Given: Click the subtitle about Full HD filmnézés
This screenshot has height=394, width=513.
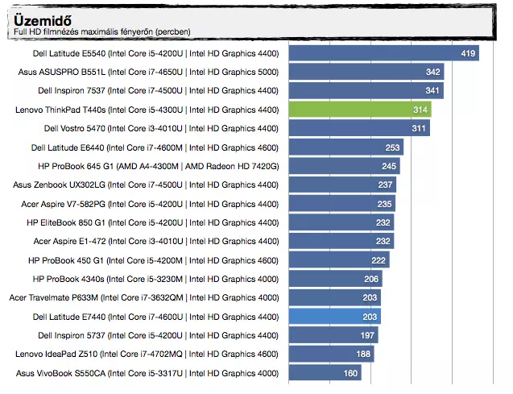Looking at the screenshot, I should [102, 32].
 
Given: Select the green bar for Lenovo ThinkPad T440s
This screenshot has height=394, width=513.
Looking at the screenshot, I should [359, 110].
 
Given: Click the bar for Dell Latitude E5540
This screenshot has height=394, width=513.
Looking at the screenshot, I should [383, 54].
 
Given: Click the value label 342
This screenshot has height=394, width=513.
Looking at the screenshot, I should [433, 73].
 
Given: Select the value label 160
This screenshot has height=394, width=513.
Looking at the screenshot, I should [350, 373].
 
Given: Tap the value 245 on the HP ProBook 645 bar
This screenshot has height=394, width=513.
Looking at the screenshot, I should [389, 167].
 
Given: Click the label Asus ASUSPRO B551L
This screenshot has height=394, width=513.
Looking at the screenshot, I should [146, 73].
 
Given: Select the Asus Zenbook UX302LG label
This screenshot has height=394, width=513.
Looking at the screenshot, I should [146, 185].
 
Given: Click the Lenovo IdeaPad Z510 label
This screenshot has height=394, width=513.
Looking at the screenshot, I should [147, 355].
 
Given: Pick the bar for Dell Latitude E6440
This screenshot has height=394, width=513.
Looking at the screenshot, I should [345, 147].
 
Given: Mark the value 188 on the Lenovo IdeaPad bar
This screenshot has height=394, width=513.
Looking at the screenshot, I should [363, 355].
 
